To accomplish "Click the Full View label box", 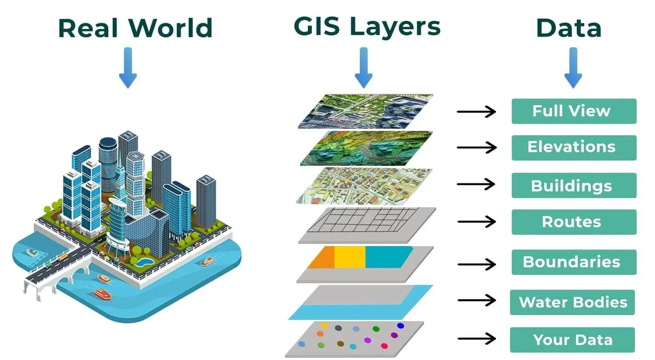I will [573, 111].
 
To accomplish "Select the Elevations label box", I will [573, 147].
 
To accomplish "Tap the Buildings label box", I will [573, 185].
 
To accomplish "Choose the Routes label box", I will [573, 222].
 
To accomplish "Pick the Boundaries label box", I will [573, 262].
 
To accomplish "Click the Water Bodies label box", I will [572, 302].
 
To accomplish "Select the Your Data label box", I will [572, 340].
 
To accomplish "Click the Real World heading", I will [135, 28].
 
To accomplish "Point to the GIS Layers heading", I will [367, 27].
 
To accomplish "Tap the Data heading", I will [569, 28].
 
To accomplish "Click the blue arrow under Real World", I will [128, 68].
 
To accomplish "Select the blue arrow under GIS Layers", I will [363, 68].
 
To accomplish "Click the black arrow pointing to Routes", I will [476, 222].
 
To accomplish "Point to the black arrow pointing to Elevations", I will [476, 147].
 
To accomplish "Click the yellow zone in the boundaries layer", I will [349, 257].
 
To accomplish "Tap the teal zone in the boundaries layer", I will [386, 257].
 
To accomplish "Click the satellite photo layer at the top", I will [366, 111].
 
